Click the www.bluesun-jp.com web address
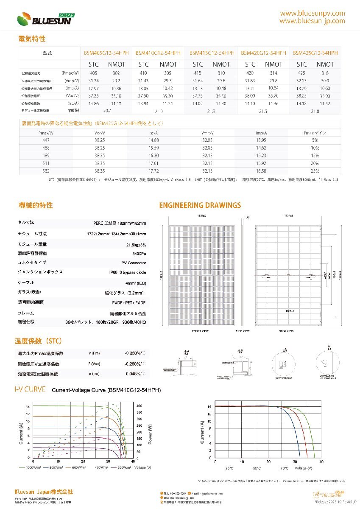coord(312,21)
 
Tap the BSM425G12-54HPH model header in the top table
coord(315,53)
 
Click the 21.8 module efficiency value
coord(315,111)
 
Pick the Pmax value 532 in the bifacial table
coord(46,171)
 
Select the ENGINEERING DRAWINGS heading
coord(200,206)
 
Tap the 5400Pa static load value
coord(139,254)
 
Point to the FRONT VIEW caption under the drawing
coord(199,330)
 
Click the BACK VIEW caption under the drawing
coord(287,330)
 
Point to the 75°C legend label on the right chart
coord(284,468)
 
